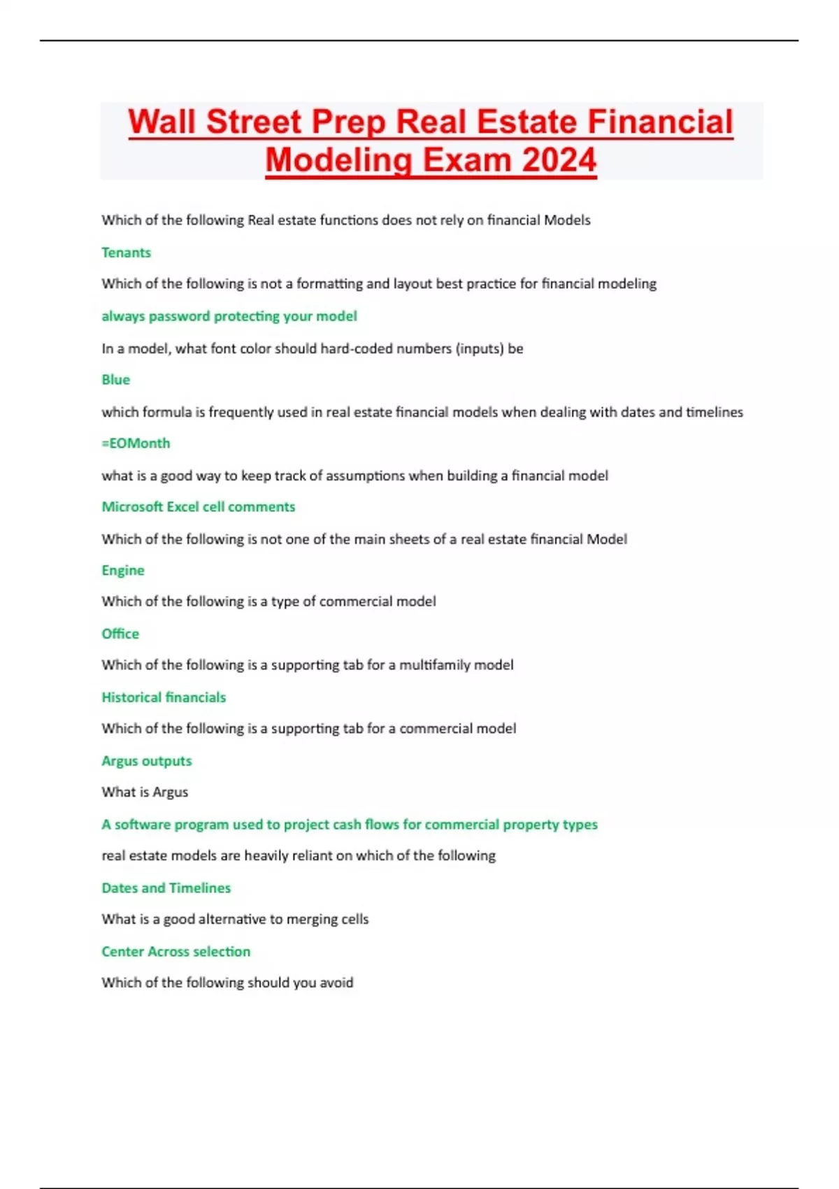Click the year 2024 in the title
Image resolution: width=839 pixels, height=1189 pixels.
coord(559,159)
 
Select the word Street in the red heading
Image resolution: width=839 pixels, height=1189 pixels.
coord(254,122)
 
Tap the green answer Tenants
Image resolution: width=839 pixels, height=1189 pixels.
coord(126,252)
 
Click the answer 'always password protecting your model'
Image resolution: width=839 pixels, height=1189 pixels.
coord(229,316)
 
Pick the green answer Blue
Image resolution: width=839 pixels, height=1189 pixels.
coord(115,380)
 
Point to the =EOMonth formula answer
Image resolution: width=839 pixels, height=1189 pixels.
coord(136,443)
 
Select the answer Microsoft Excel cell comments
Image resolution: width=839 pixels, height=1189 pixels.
coord(199,507)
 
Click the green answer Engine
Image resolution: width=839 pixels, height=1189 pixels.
coord(123,571)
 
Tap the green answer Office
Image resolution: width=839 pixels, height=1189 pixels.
coord(120,634)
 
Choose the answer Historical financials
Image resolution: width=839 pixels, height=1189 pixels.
coord(164,697)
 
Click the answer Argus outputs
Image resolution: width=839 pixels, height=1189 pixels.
coord(147,761)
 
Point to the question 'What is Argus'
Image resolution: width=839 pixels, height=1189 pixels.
coord(145,792)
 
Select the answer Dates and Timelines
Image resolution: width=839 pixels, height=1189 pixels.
coord(166,888)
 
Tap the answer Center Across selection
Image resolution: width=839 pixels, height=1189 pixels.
coord(176,952)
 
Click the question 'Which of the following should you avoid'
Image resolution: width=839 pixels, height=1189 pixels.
coord(227,983)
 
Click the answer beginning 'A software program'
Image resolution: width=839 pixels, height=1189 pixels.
coord(350,825)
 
